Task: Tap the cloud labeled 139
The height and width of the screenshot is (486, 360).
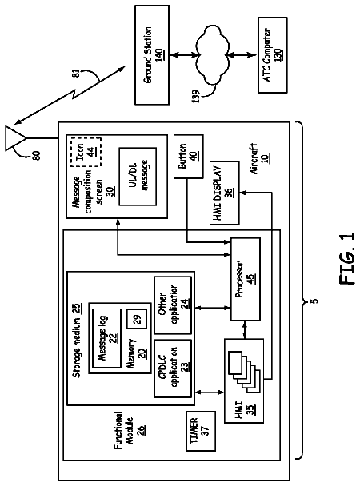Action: [212, 55]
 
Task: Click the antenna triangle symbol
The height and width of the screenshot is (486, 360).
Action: [15, 138]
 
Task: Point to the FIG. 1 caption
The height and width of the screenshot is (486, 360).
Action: [346, 259]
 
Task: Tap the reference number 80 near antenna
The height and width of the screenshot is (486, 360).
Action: [36, 155]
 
